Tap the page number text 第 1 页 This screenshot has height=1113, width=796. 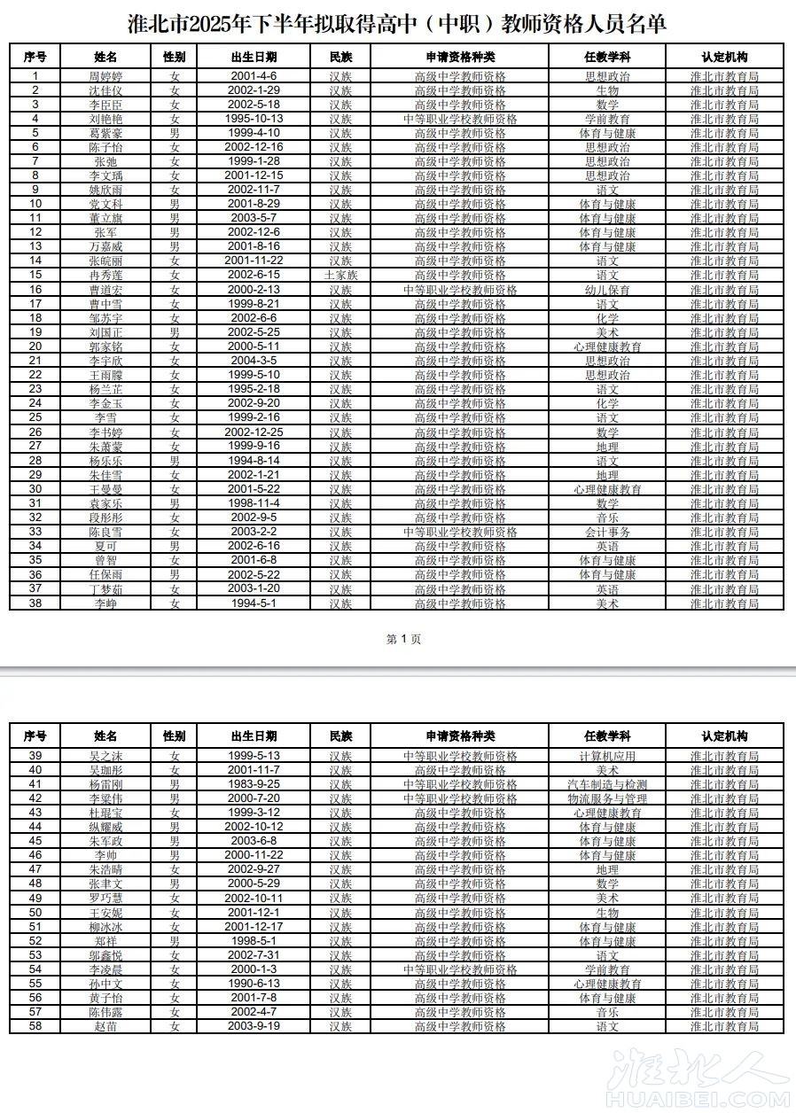click(x=404, y=639)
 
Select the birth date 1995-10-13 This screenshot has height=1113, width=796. click(x=254, y=119)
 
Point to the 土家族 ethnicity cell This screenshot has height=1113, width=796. click(x=341, y=276)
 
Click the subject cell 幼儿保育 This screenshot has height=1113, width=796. click(x=607, y=290)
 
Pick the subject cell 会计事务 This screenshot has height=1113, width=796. click(x=607, y=532)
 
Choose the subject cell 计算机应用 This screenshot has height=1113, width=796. click(x=607, y=756)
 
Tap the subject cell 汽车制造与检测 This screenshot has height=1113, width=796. click(x=607, y=784)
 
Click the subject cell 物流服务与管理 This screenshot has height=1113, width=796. click(x=607, y=798)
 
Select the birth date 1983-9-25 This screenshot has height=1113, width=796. click(x=254, y=784)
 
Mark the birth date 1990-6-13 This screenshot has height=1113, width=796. click(x=254, y=984)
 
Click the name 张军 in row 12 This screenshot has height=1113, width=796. click(x=105, y=232)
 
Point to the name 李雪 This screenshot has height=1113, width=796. click(x=105, y=417)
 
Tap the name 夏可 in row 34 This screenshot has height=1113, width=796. click(x=105, y=546)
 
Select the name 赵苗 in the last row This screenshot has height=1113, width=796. click(x=105, y=1026)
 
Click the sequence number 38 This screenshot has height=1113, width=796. click(x=35, y=603)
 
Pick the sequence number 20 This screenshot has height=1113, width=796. click(x=35, y=346)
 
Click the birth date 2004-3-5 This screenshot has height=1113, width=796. click(x=254, y=361)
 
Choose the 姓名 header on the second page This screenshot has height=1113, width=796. click(x=105, y=736)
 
